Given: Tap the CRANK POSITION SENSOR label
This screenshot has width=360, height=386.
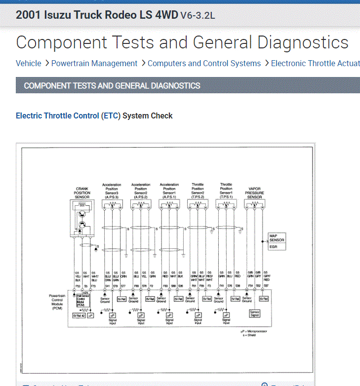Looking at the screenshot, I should point(82,193).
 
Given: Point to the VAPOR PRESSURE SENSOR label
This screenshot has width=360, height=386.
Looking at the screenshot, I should point(254,193).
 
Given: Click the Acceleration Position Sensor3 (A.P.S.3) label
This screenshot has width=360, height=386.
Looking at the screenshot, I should point(112,191).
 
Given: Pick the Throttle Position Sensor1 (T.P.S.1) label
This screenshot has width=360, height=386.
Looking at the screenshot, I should point(226,191).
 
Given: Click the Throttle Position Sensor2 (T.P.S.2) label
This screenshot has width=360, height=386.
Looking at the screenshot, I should point(198,191).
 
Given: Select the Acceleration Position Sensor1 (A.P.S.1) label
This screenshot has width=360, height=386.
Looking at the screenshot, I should point(169,191).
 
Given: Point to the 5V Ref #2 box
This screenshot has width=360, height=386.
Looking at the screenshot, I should point(79,315).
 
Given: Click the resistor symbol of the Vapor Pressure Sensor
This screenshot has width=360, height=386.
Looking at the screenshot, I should point(254,204).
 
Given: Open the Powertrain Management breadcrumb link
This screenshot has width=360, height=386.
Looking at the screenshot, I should point(94,63).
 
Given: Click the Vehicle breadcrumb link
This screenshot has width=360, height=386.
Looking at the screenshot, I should point(29,63).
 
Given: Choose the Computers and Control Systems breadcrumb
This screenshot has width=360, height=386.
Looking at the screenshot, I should point(204,63).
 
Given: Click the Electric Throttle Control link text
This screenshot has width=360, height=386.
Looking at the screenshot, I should point(57,116).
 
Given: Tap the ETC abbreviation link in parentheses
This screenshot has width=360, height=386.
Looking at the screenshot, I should point(111,116).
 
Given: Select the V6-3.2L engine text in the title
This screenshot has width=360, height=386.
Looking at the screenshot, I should point(198,15).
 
